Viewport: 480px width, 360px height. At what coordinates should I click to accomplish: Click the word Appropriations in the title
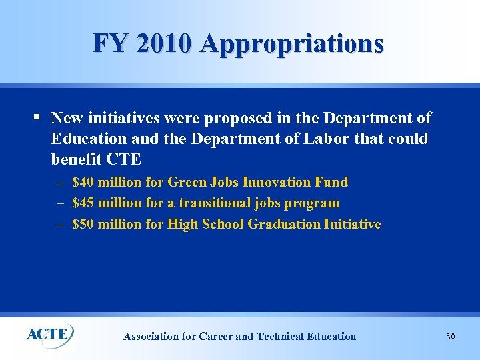coord(291,43)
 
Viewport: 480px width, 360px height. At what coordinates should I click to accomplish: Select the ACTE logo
coord(50,333)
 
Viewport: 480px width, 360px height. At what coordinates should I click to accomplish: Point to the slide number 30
coord(450,337)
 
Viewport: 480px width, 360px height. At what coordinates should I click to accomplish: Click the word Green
coord(187,182)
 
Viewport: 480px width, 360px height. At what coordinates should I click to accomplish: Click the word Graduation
coord(283,224)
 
